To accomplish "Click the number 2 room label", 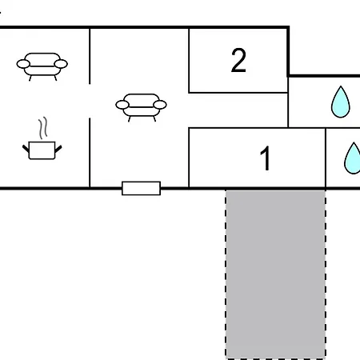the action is (238, 61).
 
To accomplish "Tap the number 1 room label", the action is (266, 158).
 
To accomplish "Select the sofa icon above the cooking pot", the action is (42, 66).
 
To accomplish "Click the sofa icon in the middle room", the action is (141, 107).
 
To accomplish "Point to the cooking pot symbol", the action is (42, 150).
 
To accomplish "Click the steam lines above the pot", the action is (43, 128).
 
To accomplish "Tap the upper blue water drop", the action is (341, 102).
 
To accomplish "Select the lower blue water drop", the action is (353, 158).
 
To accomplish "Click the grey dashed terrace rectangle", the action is (275, 274).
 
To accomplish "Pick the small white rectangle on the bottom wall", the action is (141, 188).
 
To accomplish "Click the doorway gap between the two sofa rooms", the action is (90, 101).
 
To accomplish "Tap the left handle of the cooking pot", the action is (26, 149).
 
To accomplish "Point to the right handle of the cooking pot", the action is (58, 149).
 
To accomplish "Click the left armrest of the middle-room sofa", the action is (122, 105).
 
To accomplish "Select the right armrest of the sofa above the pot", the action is (61, 64).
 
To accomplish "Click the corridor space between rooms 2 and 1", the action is (238, 110).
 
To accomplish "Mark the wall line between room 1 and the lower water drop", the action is (326, 158).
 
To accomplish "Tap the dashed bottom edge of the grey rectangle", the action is (275, 358).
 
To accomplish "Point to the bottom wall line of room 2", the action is (238, 93).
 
